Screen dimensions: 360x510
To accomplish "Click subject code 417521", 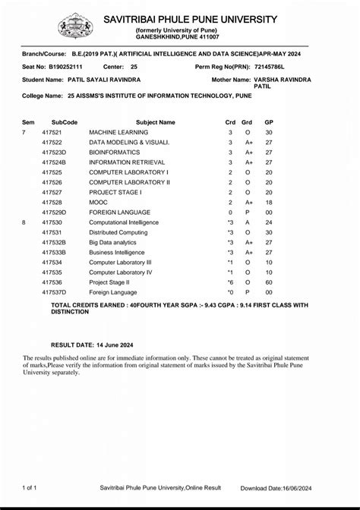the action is [52, 132].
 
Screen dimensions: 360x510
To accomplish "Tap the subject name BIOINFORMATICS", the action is [114, 153].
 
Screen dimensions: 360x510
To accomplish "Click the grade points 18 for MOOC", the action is [268, 203].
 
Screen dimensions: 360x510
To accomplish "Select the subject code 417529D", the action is [55, 212].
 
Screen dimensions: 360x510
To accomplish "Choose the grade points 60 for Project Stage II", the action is [268, 282].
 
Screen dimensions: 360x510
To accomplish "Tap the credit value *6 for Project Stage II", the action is [229, 282].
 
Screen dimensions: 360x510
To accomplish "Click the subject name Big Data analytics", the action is [114, 242].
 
